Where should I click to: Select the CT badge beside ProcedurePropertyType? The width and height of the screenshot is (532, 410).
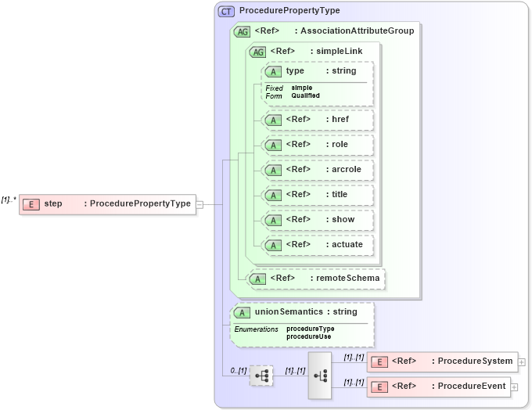click(226, 11)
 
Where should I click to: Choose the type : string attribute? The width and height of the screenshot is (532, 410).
click(317, 71)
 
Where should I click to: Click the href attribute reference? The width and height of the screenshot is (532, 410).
click(317, 120)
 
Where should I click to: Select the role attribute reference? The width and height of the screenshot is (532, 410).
click(317, 145)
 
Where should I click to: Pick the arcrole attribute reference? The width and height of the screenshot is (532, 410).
click(317, 170)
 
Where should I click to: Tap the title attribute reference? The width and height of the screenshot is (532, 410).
click(317, 195)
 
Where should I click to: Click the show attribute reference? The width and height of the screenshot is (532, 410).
click(317, 220)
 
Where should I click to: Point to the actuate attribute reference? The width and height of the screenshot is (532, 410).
click(317, 245)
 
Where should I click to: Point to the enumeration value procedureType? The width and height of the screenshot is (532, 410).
click(310, 329)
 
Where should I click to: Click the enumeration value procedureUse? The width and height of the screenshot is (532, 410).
click(308, 336)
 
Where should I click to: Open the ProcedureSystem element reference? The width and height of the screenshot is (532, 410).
click(442, 361)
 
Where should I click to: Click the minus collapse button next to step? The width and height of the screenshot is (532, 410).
click(200, 204)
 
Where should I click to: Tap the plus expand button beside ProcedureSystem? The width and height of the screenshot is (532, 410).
click(522, 361)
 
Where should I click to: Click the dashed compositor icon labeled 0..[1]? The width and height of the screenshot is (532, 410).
click(261, 376)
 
